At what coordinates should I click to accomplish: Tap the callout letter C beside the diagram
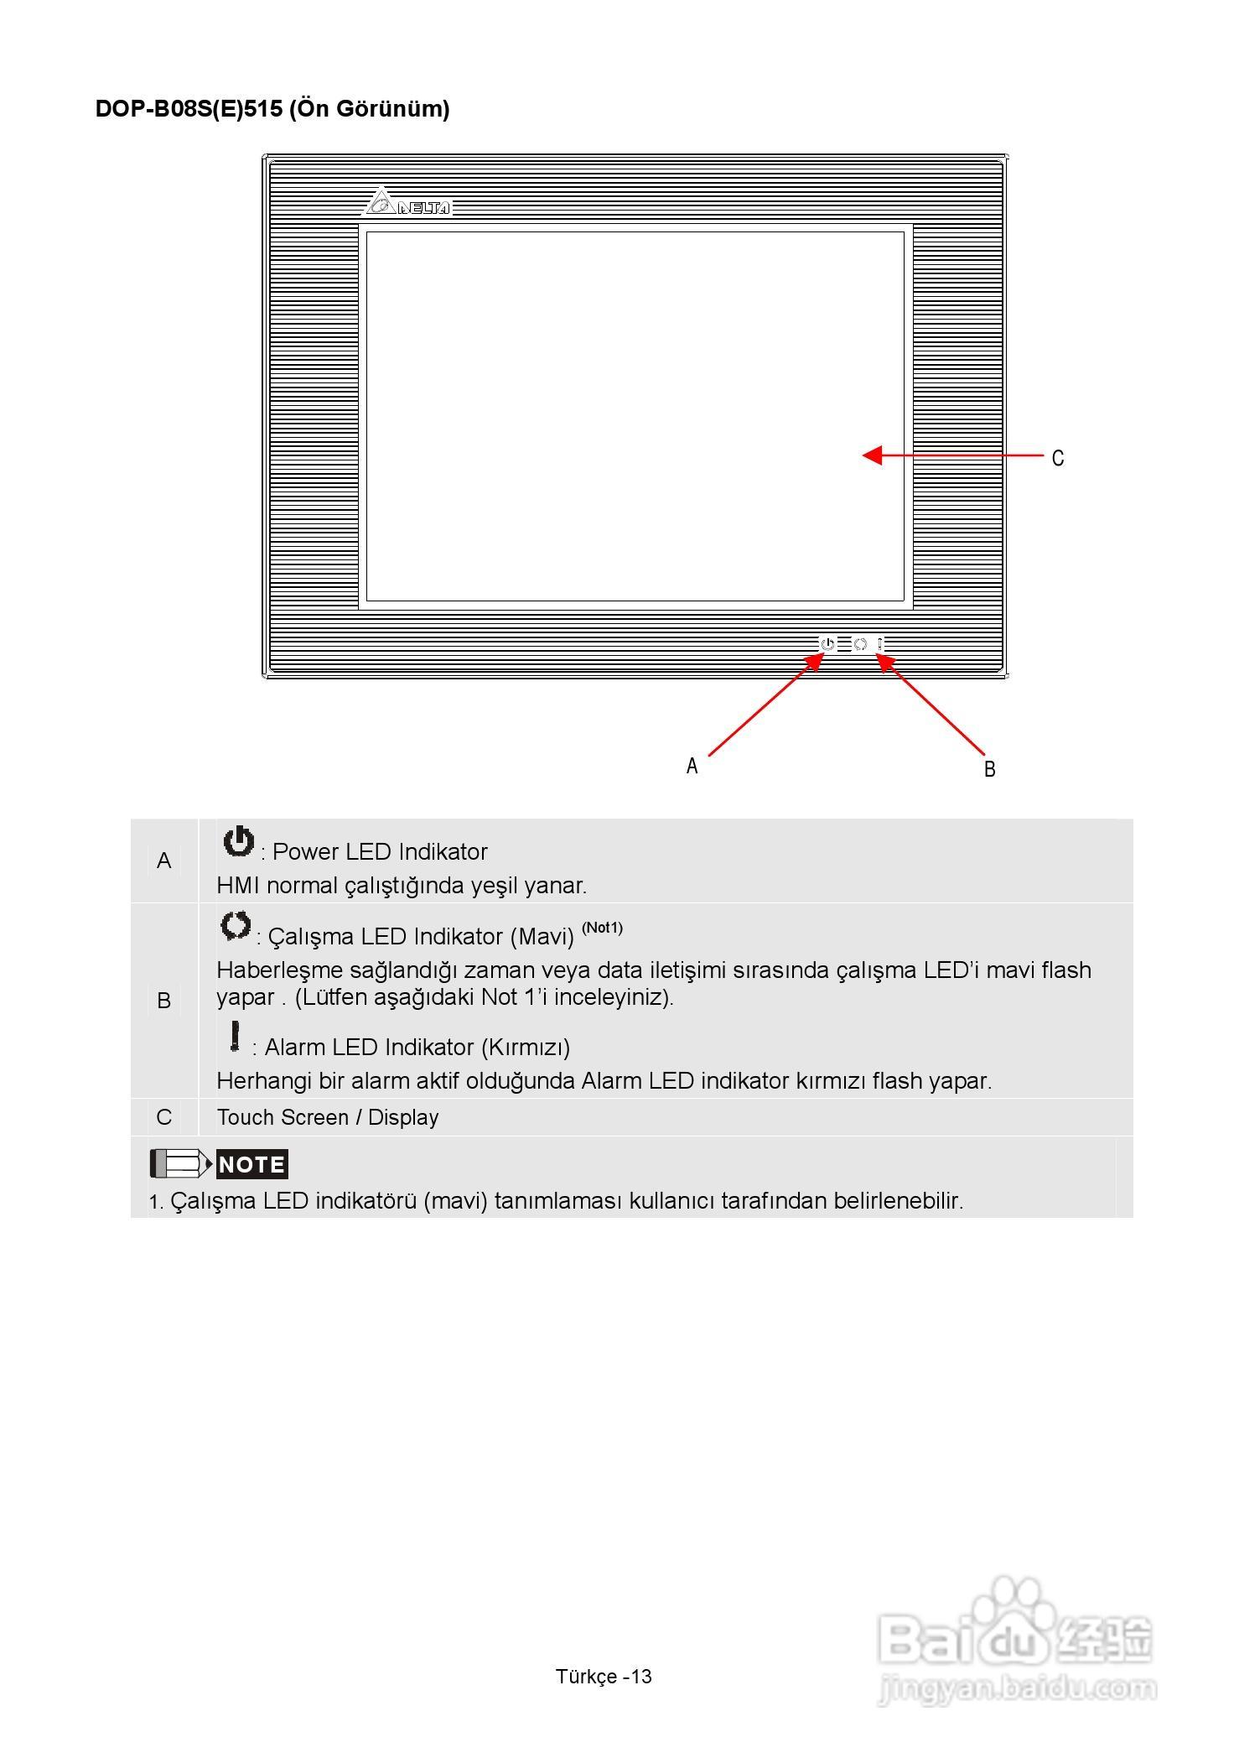pyautogui.click(x=1058, y=458)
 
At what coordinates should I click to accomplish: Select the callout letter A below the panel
pyautogui.click(x=692, y=766)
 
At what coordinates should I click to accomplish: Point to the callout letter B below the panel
pyautogui.click(x=989, y=769)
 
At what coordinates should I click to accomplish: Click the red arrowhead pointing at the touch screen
pyautogui.click(x=873, y=455)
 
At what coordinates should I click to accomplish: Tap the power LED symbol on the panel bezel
pyautogui.click(x=827, y=644)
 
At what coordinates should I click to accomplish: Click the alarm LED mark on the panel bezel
pyautogui.click(x=880, y=644)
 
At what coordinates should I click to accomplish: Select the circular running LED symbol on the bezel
pyautogui.click(x=859, y=644)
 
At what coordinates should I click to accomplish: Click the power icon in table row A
pyautogui.click(x=238, y=841)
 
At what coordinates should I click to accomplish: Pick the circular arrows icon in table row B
pyautogui.click(x=236, y=926)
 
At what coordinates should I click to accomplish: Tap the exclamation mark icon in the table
pyautogui.click(x=236, y=1036)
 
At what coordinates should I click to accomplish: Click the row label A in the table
pyautogui.click(x=163, y=861)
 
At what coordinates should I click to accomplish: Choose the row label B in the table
pyautogui.click(x=163, y=1000)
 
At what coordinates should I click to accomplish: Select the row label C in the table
pyautogui.click(x=163, y=1117)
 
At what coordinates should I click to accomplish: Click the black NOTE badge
pyautogui.click(x=251, y=1164)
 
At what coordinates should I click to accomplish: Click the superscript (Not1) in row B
pyautogui.click(x=602, y=928)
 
